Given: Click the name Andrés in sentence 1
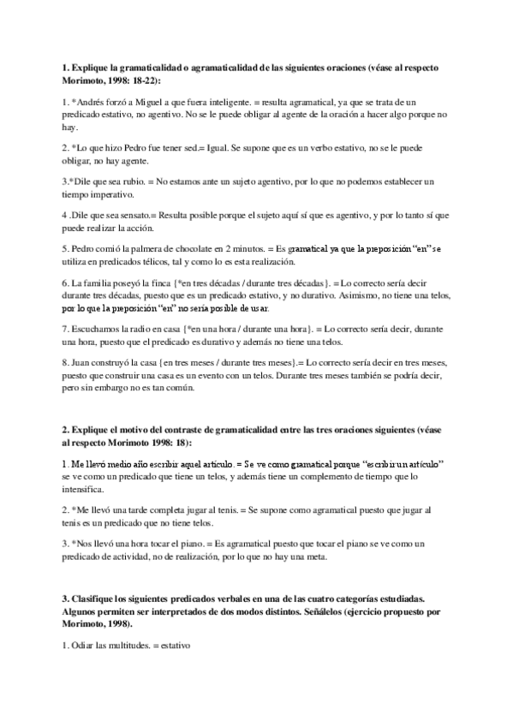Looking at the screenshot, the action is [x=92, y=102].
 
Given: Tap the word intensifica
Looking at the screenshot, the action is [x=86, y=490].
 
